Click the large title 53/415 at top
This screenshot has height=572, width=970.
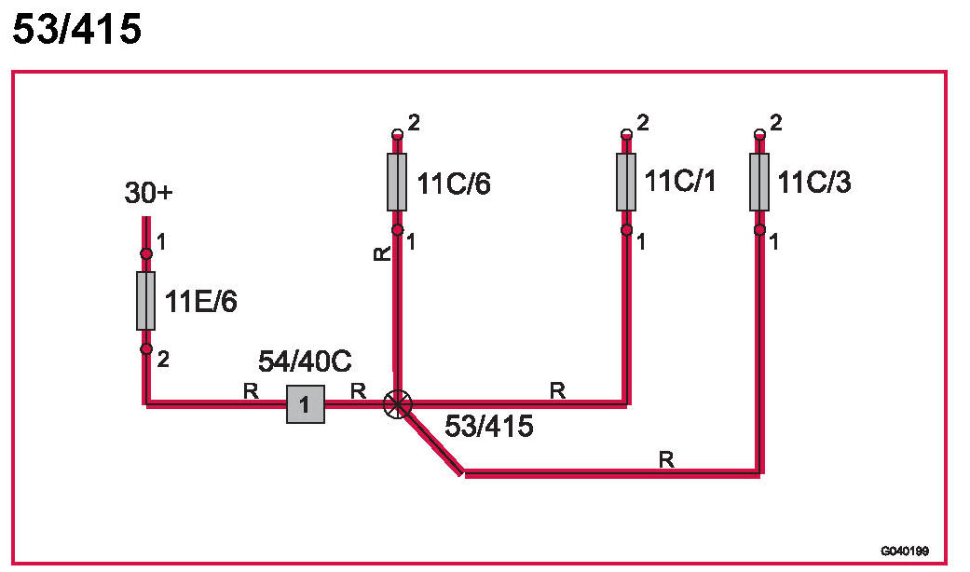pos(76,30)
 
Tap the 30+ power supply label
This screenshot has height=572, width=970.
pos(149,195)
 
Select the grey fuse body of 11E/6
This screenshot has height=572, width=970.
pos(145,301)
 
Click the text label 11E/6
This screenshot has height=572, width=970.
pos(202,301)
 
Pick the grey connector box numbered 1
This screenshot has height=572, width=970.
pos(305,404)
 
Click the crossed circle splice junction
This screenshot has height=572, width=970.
pos(398,404)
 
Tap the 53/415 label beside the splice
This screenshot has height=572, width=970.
pos(488,428)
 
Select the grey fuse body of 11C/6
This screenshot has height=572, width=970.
pos(397,182)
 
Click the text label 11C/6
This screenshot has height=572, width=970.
pos(454,184)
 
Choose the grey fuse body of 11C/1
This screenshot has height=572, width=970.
pos(626,182)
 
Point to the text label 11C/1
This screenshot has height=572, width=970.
pos(681,182)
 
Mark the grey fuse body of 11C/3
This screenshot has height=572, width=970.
pos(759,182)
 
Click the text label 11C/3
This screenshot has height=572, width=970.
pos(814,183)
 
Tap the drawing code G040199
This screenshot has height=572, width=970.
pos(904,551)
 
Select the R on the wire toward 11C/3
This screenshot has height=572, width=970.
pos(665,459)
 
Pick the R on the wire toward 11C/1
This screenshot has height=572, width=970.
pos(557,391)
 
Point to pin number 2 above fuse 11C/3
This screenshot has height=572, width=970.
pos(776,122)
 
